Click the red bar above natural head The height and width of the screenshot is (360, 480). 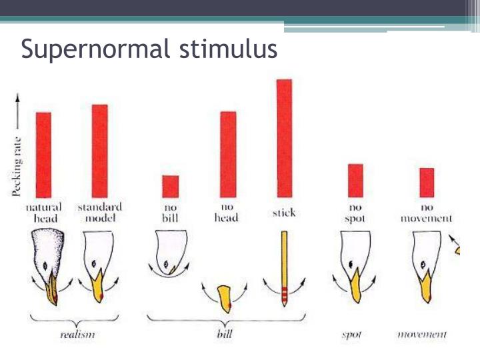point(43,155)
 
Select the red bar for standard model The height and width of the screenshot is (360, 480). point(99,151)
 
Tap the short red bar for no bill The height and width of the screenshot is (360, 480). point(171,186)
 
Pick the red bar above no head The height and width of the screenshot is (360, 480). point(228,154)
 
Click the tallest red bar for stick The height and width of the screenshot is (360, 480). point(284,138)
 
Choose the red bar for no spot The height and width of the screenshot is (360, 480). point(355,181)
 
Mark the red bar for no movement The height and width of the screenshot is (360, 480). point(426,183)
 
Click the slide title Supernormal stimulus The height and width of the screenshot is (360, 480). point(149,49)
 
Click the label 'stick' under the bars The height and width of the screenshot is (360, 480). point(284,213)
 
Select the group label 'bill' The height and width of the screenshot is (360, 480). point(225,334)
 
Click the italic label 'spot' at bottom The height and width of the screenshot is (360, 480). point(351,334)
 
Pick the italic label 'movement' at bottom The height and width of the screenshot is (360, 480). point(422,334)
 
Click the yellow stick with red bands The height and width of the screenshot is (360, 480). point(284,267)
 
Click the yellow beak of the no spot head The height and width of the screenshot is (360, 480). point(355,283)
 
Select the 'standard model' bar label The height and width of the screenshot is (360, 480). point(99,213)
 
